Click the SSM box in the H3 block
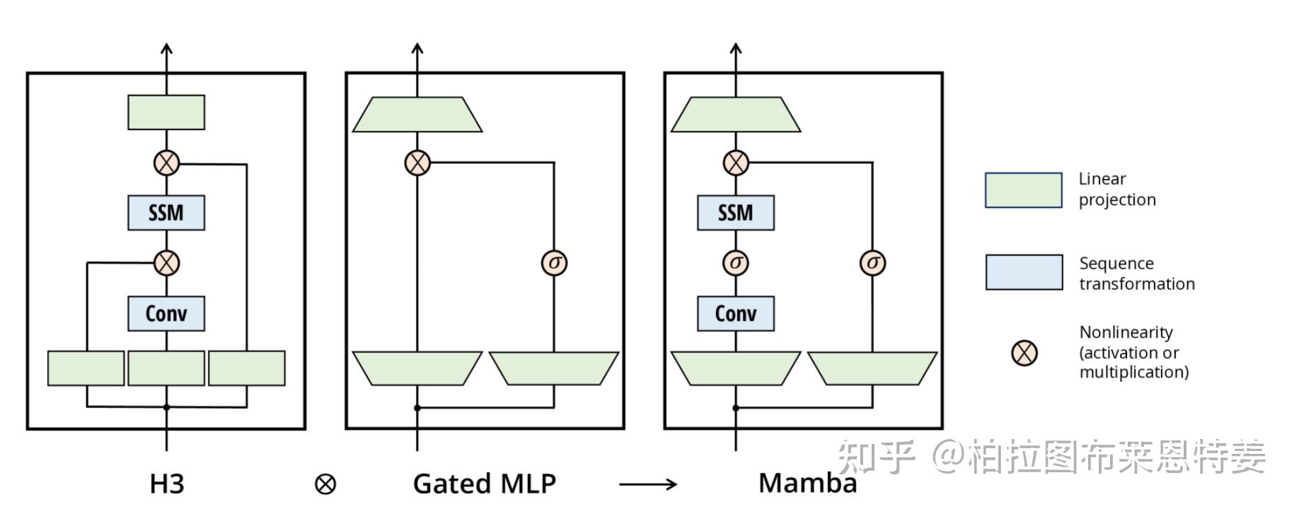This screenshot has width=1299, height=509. coord(166,213)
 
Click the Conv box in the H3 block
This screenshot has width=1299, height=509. coord(166,313)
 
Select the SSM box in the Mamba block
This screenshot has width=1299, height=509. coord(736,213)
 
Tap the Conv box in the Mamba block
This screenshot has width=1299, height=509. coord(736,313)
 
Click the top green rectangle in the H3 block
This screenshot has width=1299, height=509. coord(166,112)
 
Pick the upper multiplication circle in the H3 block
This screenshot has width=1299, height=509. coord(166,163)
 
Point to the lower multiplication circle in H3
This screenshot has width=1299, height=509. coord(166,263)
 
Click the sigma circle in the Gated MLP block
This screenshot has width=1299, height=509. coord(554,263)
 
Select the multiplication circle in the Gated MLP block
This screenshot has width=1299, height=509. coord(417,163)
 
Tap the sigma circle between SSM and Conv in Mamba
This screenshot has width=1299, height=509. coord(736,263)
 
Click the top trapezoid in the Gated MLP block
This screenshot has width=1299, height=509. coord(417,115)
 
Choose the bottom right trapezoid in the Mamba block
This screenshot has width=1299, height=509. coord(872,368)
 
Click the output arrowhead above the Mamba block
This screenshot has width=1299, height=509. coord(736,49)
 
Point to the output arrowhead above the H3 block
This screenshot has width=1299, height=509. coord(166,49)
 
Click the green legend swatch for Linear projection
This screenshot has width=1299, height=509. coord(1024,190)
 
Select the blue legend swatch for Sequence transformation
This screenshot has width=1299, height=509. coord(1024,273)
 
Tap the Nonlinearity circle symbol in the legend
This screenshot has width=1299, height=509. coord(1024,353)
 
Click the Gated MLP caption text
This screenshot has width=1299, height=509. coord(485,484)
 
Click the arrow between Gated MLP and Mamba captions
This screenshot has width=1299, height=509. coord(648,484)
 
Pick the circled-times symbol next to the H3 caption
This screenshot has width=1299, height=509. coord(325,484)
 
